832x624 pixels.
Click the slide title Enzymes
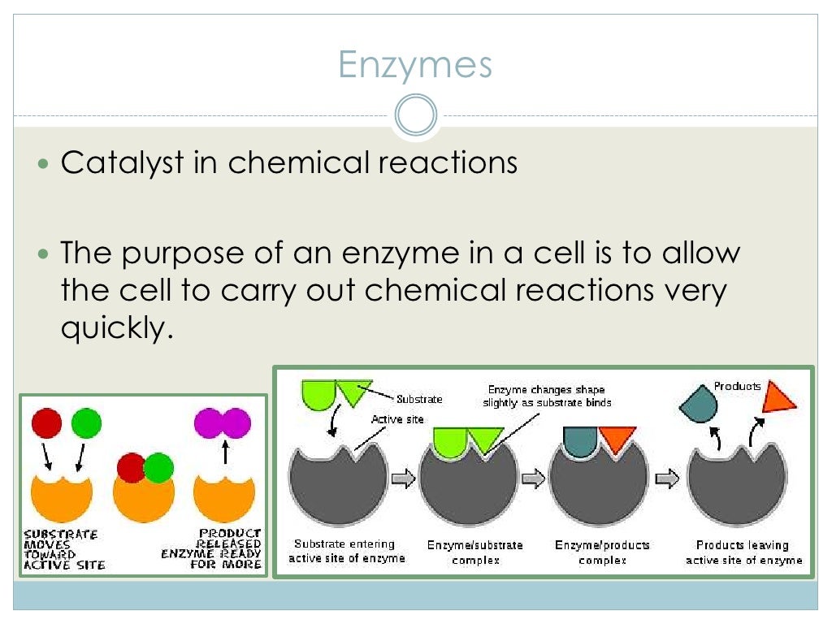pos(415,64)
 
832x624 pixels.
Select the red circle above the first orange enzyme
pos(46,423)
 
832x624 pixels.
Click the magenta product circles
pos(223,423)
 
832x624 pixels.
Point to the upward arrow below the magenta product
pos(225,452)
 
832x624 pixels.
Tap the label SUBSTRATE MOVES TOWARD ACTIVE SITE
pos(65,549)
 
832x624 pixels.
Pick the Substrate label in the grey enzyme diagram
pos(419,399)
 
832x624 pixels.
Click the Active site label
pos(397,419)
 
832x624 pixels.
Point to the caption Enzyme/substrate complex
pos(475,552)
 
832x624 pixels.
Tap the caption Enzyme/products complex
pos(602,552)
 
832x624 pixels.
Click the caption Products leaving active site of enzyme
pos(743,552)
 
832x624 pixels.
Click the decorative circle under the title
pos(416,115)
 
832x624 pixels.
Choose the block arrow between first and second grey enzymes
pos(403,479)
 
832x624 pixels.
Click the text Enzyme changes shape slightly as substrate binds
pos(547,396)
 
